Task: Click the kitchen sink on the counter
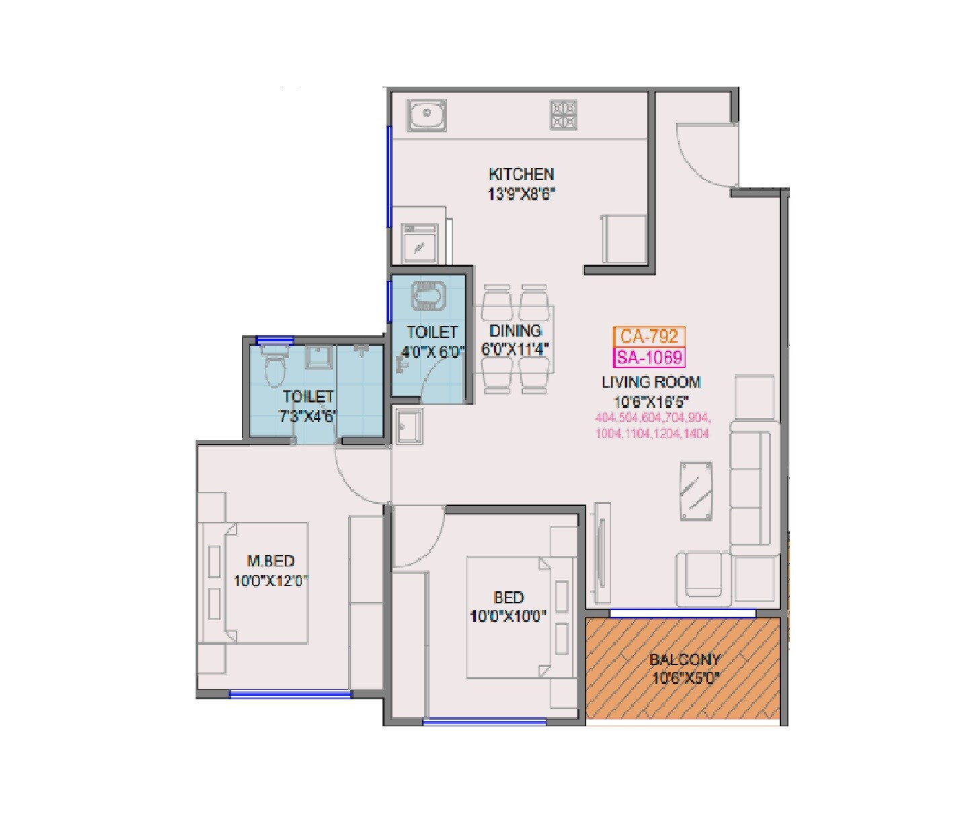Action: click(426, 115)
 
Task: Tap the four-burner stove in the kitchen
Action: click(564, 114)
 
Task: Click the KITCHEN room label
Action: click(521, 174)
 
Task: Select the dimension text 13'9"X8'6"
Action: click(521, 195)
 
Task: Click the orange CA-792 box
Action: click(649, 336)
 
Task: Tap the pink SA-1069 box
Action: click(649, 357)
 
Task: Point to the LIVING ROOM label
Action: click(651, 382)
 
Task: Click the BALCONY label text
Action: click(684, 659)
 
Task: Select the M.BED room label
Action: click(270, 560)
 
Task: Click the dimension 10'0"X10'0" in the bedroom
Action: click(508, 616)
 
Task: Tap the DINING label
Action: click(515, 331)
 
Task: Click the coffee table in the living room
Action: click(696, 490)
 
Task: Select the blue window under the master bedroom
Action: click(290, 693)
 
